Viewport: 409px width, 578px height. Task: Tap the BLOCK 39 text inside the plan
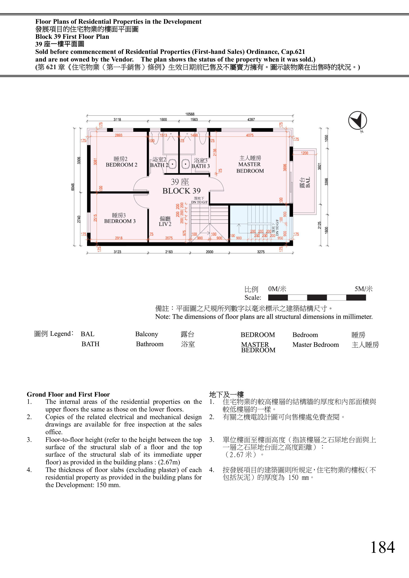tap(181, 191)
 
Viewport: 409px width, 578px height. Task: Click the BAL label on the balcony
tap(308, 182)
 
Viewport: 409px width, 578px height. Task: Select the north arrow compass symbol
tap(358, 121)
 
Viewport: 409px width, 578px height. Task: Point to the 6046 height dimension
tap(73, 187)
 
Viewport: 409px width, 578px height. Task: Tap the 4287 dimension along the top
tap(251, 120)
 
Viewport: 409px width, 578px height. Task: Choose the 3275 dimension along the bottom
tap(261, 252)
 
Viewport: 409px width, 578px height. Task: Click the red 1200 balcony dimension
tap(304, 153)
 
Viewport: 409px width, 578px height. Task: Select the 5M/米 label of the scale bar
tap(363, 289)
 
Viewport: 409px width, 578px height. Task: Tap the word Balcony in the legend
tap(147, 334)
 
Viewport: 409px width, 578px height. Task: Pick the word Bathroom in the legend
tap(150, 344)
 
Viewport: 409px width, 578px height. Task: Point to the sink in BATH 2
tap(172, 164)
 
